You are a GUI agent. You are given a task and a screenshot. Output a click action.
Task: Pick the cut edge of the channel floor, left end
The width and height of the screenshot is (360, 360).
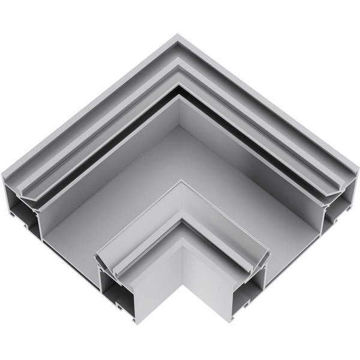[x=66, y=243]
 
